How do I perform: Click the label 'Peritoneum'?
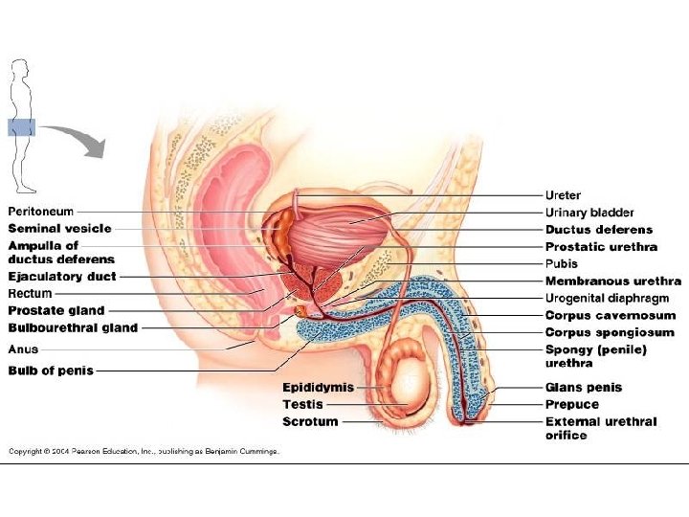[x=41, y=211]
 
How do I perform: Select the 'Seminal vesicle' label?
[x=59, y=228]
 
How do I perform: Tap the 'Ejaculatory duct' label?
[x=62, y=277]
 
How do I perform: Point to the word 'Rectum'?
[x=31, y=293]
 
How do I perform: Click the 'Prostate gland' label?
[x=56, y=310]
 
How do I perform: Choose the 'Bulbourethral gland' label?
[x=73, y=327]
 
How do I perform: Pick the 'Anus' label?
[x=24, y=348]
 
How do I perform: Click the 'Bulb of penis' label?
[x=51, y=370]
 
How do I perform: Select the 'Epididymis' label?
[x=318, y=387]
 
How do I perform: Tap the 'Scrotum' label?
[x=310, y=420]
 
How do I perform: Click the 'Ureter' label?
[x=563, y=195]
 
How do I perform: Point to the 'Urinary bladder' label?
[x=589, y=213]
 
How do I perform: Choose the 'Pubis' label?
[x=562, y=263]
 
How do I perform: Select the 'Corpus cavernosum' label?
[x=611, y=315]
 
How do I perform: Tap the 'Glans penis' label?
[x=584, y=387]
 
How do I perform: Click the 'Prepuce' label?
[x=572, y=404]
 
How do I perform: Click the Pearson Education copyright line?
[x=144, y=451]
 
